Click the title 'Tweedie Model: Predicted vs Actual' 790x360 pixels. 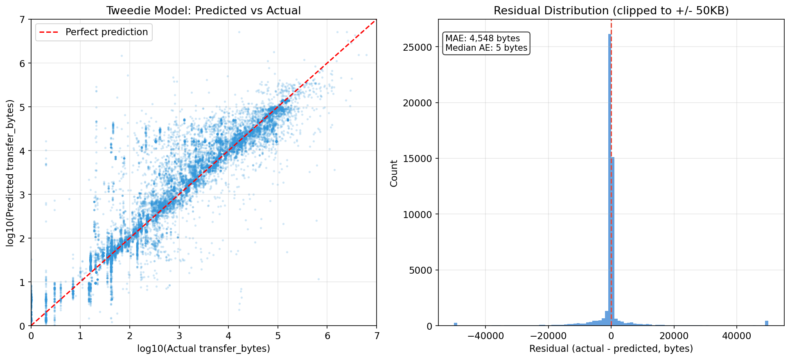click(x=203, y=11)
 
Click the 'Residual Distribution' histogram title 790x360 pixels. click(x=611, y=11)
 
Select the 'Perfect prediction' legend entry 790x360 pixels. click(x=106, y=32)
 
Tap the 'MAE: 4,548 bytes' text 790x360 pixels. click(x=483, y=38)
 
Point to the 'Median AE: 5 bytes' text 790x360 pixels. click(x=486, y=48)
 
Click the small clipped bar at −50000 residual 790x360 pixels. click(x=456, y=324)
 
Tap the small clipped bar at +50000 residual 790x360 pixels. click(x=767, y=323)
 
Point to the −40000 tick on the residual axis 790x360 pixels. click(x=485, y=336)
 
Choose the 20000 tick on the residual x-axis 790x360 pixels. click(x=674, y=336)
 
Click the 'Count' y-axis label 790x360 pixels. click(x=394, y=173)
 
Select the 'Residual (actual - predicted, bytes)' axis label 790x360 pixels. click(x=611, y=349)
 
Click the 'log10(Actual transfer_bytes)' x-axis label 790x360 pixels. click(x=203, y=349)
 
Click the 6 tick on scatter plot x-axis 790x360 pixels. click(x=327, y=336)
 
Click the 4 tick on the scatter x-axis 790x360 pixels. click(x=228, y=336)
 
